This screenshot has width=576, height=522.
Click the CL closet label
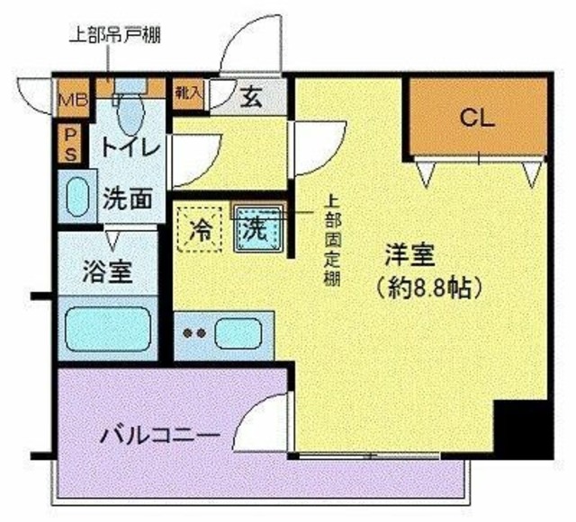(x=477, y=117)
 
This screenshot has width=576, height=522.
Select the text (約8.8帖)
(x=427, y=289)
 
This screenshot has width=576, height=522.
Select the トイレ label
(x=130, y=146)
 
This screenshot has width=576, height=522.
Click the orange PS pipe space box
(x=68, y=144)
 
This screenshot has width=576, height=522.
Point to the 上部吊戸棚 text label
(x=115, y=38)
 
